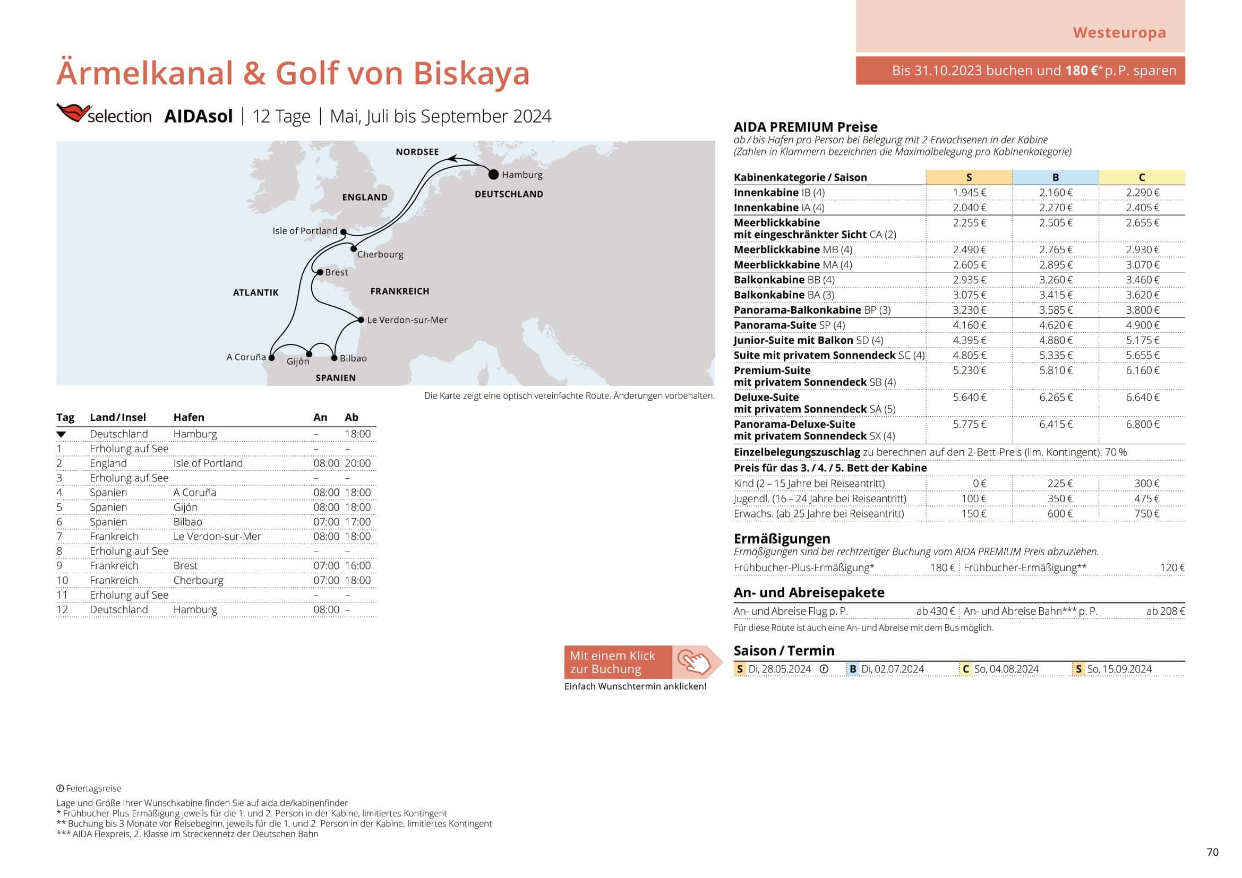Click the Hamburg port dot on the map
(493, 175)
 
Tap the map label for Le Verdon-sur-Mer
(407, 320)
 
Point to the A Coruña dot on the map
(271, 358)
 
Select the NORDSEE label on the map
(417, 152)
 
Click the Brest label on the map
(337, 272)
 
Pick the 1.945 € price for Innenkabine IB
(970, 193)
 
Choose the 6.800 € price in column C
(1143, 425)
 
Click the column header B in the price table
(1056, 177)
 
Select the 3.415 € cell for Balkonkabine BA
(1056, 295)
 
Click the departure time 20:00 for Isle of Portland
(357, 463)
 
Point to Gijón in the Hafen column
(185, 507)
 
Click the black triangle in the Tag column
(61, 434)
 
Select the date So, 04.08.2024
(1006, 669)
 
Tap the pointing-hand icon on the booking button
(695, 662)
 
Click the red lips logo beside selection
(73, 113)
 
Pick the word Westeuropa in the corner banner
(1119, 32)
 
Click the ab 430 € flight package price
(935, 611)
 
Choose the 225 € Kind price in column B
(1060, 484)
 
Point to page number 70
(1213, 852)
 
